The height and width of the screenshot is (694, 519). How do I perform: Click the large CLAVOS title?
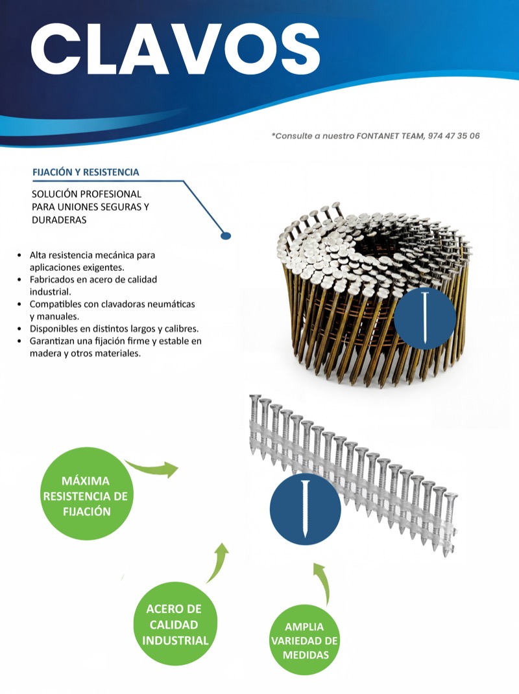pyautogui.click(x=176, y=49)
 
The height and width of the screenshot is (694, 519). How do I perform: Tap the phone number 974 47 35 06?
pyautogui.click(x=454, y=136)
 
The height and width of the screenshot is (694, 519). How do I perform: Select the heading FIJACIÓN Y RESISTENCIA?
pyautogui.click(x=86, y=172)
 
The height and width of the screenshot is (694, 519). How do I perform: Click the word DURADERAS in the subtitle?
pyautogui.click(x=59, y=220)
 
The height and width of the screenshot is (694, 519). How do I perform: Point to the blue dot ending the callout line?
pyautogui.click(x=226, y=236)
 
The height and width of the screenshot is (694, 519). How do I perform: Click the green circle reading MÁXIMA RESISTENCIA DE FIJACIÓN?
pyautogui.click(x=86, y=494)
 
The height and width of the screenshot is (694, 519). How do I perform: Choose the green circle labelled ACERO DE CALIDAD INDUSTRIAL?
pyautogui.click(x=176, y=623)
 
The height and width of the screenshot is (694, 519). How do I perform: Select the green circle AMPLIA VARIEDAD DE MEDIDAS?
pyautogui.click(x=304, y=640)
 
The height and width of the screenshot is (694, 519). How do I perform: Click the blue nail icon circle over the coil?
pyautogui.click(x=424, y=318)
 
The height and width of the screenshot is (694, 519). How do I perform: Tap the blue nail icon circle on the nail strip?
pyautogui.click(x=305, y=508)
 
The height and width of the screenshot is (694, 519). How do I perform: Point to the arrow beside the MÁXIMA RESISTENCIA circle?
pyautogui.click(x=153, y=468)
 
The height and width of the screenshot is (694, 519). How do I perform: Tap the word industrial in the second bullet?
pyautogui.click(x=50, y=292)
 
